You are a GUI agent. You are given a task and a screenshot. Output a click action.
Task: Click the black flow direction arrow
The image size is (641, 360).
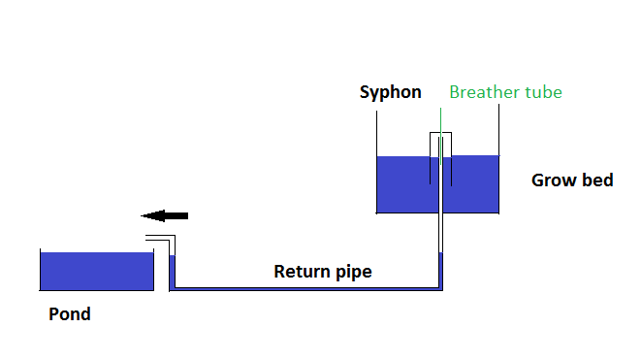(x=164, y=215)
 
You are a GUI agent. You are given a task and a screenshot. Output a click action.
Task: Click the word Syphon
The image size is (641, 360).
(x=390, y=93)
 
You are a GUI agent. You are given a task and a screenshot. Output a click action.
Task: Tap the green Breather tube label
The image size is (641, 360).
(x=505, y=93)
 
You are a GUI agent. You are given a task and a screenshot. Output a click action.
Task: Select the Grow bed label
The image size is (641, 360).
(x=572, y=180)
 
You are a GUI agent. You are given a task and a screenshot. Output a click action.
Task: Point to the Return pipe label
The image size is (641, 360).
(x=322, y=272)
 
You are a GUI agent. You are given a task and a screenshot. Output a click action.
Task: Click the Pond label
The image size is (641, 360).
(x=70, y=314)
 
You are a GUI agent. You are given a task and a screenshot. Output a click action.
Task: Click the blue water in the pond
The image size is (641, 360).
(x=97, y=272)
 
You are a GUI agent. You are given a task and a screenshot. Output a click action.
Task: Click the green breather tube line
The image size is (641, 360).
(x=440, y=121)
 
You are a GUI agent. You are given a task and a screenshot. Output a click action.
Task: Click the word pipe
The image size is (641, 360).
(x=352, y=273)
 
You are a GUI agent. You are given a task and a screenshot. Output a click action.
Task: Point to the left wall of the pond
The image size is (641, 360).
(x=40, y=270)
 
